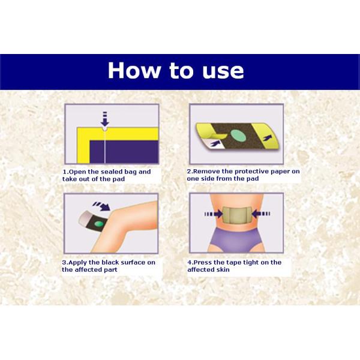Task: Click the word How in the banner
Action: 133,70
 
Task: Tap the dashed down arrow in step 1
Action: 105,119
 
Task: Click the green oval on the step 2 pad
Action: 238,135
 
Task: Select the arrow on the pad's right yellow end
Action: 267,138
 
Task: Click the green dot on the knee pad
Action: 100,223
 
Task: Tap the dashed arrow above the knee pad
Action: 101,206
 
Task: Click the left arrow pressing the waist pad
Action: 214,214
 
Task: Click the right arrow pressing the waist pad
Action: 261,214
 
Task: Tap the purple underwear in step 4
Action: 233,240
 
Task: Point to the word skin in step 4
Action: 224,269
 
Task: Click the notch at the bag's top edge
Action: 105,128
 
